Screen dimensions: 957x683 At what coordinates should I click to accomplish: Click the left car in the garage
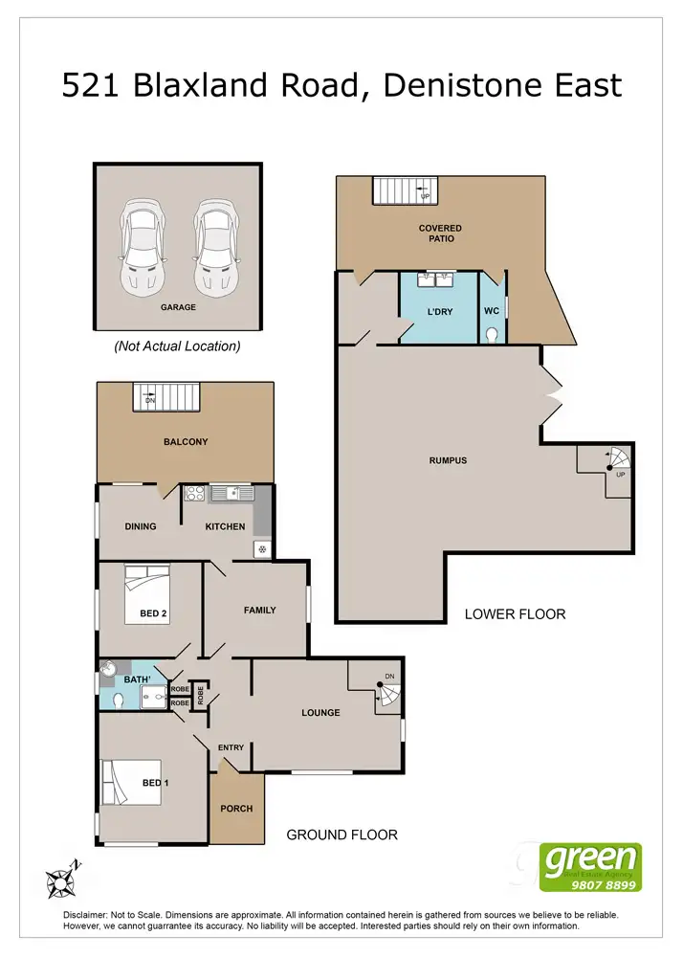click(141, 247)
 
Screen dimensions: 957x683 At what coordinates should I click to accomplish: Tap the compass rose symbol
click(62, 879)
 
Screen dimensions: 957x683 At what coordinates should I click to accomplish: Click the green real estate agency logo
click(590, 867)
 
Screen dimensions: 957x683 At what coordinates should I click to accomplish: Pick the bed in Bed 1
click(128, 781)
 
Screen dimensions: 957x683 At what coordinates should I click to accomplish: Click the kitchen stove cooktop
click(194, 494)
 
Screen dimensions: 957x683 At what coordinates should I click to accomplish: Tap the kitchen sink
click(233, 494)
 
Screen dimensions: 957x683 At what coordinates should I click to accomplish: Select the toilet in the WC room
click(492, 332)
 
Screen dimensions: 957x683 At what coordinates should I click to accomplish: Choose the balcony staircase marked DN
click(168, 395)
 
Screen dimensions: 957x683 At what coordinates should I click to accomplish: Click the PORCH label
click(236, 809)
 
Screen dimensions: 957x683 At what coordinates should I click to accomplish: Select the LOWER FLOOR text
click(515, 613)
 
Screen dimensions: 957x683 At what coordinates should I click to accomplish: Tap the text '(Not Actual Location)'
click(177, 345)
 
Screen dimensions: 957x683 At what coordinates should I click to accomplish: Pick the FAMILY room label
click(259, 610)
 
